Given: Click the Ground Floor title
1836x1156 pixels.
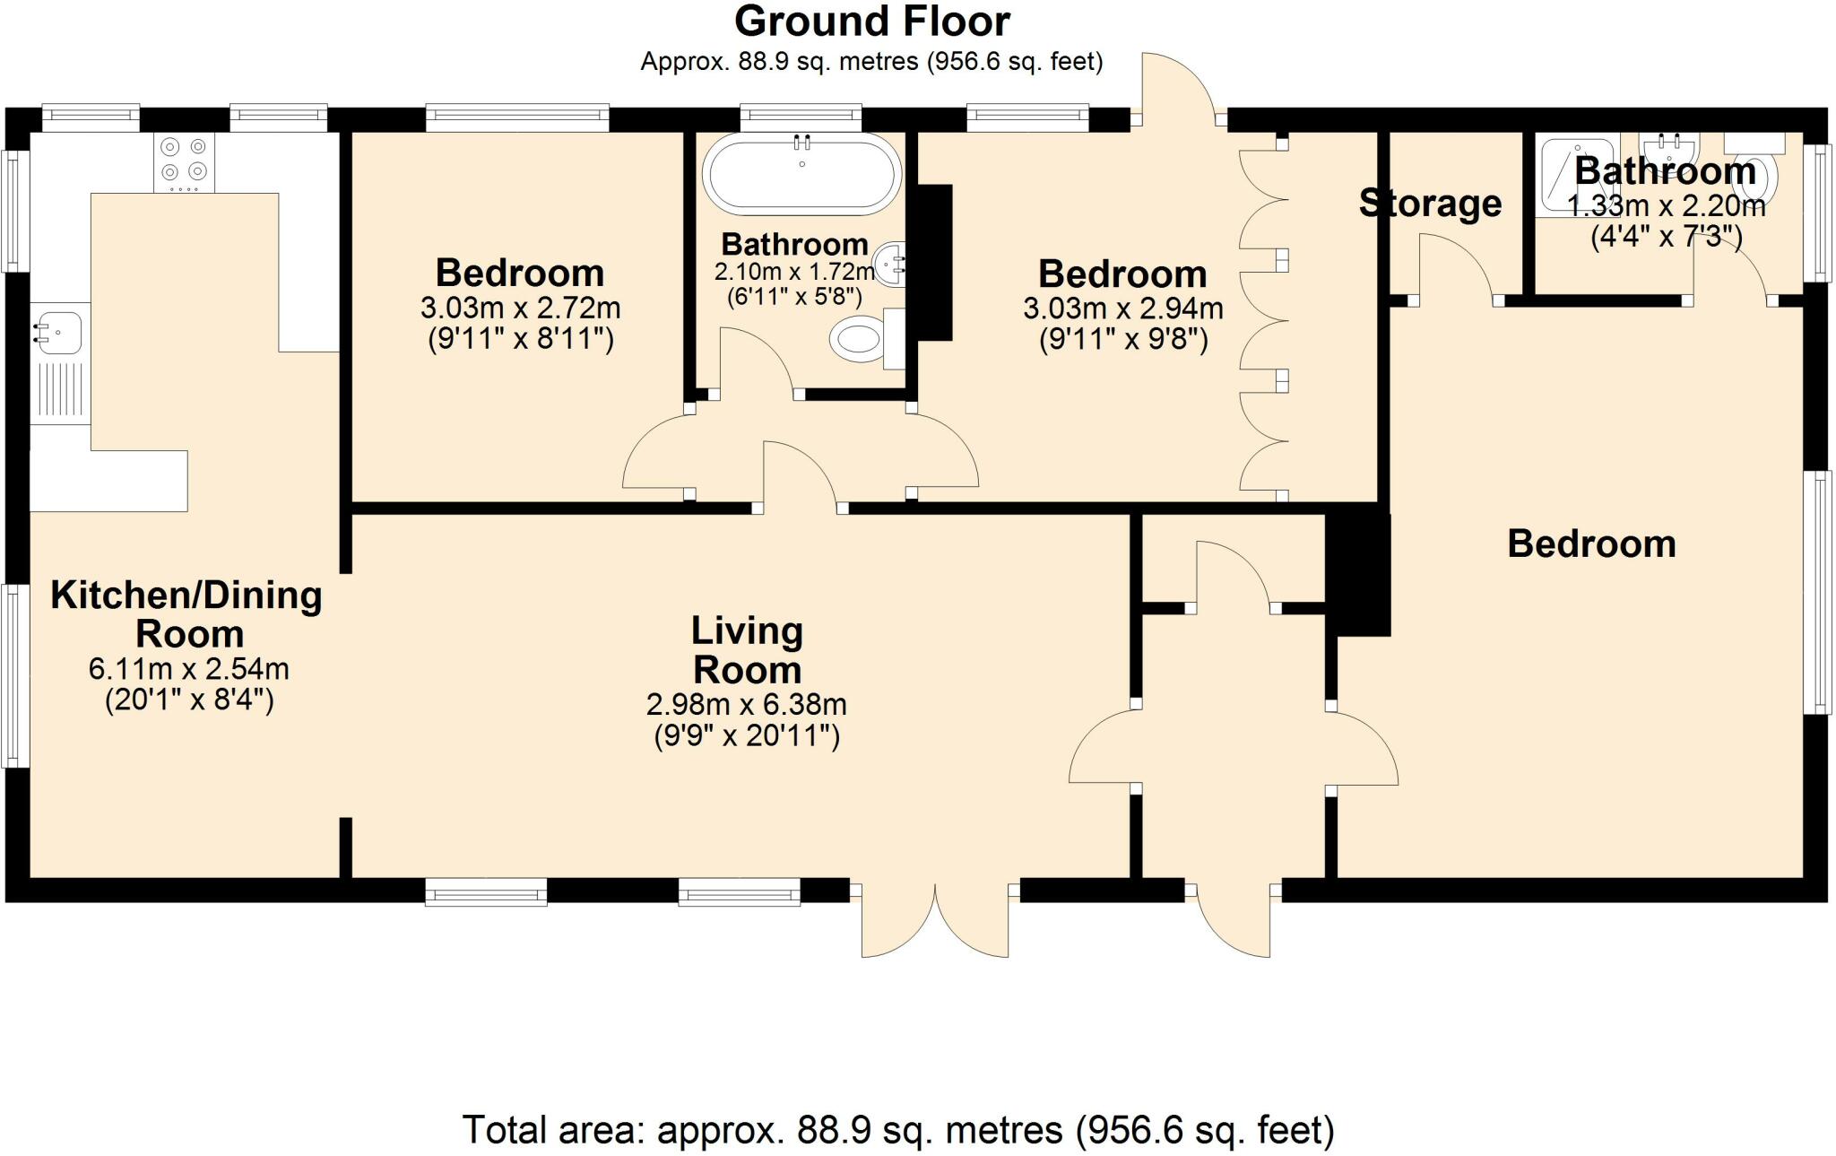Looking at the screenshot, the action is [x=872, y=22].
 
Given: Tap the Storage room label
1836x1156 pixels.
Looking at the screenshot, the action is [x=1430, y=204].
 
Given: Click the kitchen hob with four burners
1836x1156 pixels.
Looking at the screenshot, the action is [x=184, y=162].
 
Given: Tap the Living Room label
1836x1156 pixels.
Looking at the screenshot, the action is [x=747, y=650].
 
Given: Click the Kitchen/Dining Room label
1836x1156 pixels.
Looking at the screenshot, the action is [x=187, y=614].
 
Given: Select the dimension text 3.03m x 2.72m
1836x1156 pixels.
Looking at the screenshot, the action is [x=521, y=309].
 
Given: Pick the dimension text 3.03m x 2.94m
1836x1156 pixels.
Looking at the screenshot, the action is [x=1123, y=309].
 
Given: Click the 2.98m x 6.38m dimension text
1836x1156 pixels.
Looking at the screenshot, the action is [x=747, y=705].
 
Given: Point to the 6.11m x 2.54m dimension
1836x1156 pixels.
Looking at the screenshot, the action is [x=189, y=669].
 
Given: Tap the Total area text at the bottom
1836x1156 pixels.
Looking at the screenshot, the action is [x=898, y=1130].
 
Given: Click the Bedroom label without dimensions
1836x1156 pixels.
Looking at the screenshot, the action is [x=1591, y=544].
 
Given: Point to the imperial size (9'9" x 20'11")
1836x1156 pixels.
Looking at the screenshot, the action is [x=747, y=736].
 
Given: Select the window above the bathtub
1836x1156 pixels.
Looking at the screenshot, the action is [x=801, y=117].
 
